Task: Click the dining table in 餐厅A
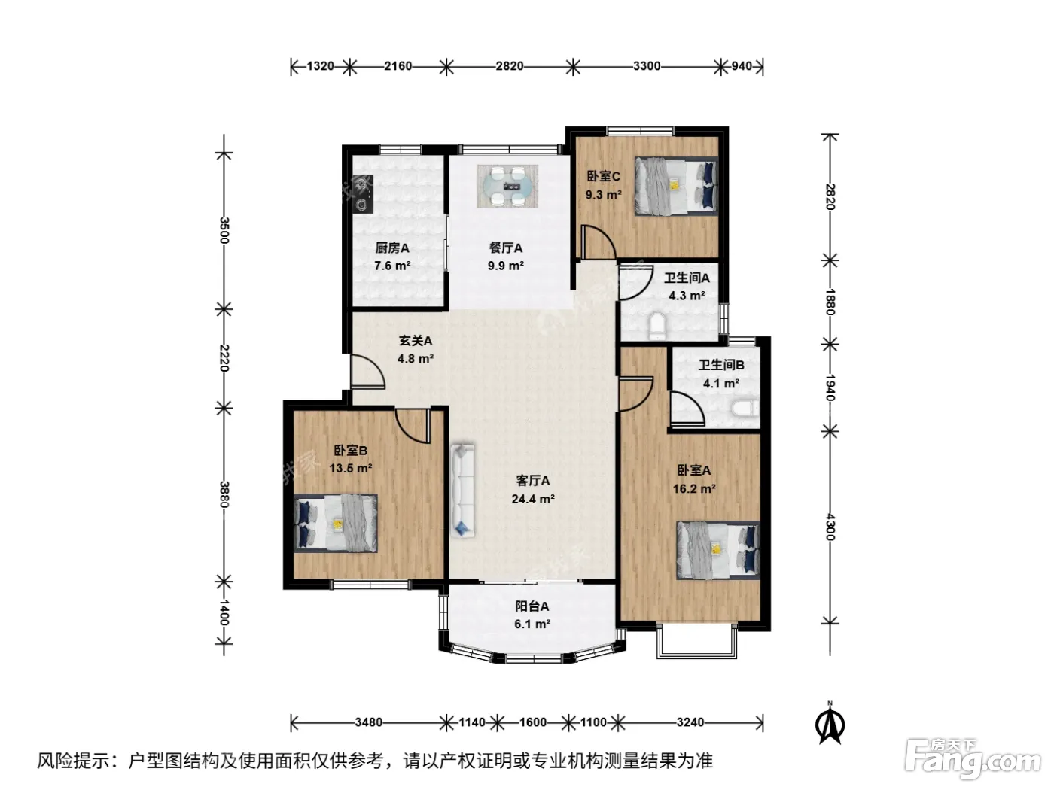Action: click(507, 186)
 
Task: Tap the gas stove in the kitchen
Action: click(363, 194)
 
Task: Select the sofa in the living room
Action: click(463, 491)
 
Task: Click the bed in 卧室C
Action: click(676, 186)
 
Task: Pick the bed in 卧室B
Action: click(335, 523)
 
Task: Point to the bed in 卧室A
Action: click(718, 550)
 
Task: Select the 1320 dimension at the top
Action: click(320, 66)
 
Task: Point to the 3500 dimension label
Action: click(224, 230)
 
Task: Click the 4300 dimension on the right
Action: click(830, 527)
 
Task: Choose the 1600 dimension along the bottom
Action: click(533, 722)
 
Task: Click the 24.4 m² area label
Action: click(533, 499)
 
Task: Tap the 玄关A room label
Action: click(416, 341)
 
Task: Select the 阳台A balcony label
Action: click(532, 606)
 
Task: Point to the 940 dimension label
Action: click(742, 66)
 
